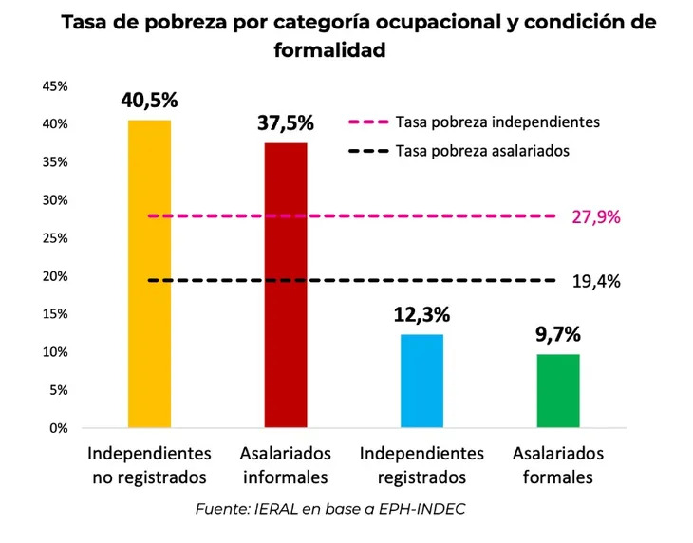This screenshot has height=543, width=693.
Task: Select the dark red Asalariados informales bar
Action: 286,285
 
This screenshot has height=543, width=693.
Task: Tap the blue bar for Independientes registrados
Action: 421,381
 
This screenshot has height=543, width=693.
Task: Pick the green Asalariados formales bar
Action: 557,390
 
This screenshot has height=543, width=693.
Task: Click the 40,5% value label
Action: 149,100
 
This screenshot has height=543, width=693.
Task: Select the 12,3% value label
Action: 421,314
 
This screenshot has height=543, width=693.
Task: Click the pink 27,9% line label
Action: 596,216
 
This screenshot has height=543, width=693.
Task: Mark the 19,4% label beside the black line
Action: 596,281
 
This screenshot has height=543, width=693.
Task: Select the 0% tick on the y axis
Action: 58,428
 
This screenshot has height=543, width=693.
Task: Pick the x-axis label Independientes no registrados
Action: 150,465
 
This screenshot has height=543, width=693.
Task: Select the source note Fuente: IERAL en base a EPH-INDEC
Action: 330,510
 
